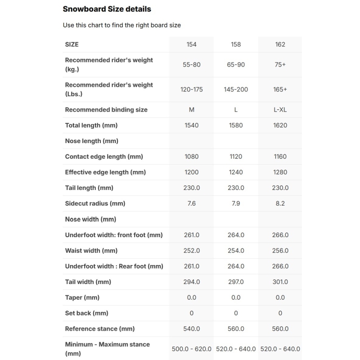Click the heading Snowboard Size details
click(x=107, y=9)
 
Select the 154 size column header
click(x=191, y=45)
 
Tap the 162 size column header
click(x=280, y=45)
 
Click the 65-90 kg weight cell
click(x=236, y=65)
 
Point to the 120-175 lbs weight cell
click(x=191, y=90)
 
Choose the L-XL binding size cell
click(x=280, y=110)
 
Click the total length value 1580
click(x=236, y=125)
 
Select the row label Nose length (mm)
click(x=91, y=141)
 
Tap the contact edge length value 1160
click(x=280, y=157)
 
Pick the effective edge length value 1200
click(x=191, y=172)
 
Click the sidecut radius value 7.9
click(x=236, y=203)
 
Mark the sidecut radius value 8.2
click(x=280, y=203)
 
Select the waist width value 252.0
click(x=191, y=251)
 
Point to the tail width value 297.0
click(x=236, y=282)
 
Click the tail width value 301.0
click(x=280, y=282)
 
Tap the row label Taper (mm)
click(x=82, y=297)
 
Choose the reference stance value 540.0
click(x=191, y=329)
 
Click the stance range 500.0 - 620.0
click(x=191, y=349)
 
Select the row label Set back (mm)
click(x=86, y=313)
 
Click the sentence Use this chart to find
click(x=121, y=25)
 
